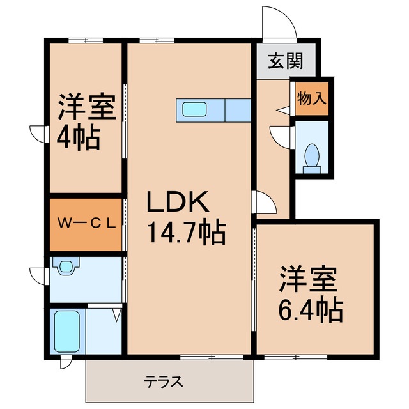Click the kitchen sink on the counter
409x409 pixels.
pyautogui.click(x=194, y=109)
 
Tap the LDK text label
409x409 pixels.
pyautogui.click(x=178, y=204)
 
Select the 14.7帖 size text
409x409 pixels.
pyautogui.click(x=187, y=233)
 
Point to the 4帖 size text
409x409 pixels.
pyautogui.click(x=79, y=136)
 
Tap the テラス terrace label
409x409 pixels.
pyautogui.click(x=163, y=382)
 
